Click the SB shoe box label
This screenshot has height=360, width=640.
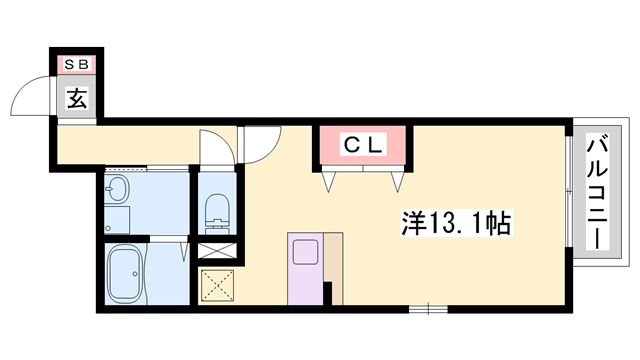(x=77, y=65)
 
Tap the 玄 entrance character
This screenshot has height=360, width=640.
(x=77, y=98)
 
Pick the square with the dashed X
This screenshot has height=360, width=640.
(x=217, y=286)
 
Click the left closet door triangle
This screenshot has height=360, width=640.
(x=330, y=181)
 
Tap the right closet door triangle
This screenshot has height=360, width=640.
(x=397, y=181)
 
